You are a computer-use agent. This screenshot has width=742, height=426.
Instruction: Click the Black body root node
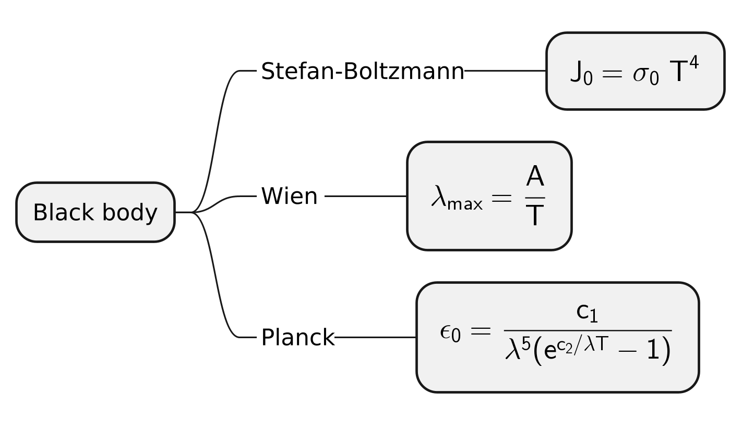(95, 212)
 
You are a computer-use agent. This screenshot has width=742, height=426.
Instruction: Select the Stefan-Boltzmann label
(362, 71)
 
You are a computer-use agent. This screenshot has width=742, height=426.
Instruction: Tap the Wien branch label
(289, 197)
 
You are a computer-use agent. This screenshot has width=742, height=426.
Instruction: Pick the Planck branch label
(297, 338)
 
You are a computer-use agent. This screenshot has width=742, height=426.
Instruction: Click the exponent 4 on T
(693, 63)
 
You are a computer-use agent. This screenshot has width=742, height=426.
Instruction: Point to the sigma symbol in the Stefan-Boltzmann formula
(641, 74)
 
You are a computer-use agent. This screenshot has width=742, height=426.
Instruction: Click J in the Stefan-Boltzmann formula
(576, 72)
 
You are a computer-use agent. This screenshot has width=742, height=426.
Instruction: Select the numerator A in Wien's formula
(535, 177)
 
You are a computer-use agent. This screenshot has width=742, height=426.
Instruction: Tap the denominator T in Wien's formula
(535, 215)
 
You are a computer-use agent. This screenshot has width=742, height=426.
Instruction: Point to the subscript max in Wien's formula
(465, 203)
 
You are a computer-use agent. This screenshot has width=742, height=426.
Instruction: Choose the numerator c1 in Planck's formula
(587, 313)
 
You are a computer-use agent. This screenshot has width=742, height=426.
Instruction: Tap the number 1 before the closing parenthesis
(653, 351)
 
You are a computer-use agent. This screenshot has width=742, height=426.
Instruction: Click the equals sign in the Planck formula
(480, 330)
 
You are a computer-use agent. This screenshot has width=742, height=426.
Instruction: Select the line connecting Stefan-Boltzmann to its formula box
(505, 71)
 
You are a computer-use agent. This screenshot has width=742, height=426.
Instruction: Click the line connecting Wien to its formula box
(365, 196)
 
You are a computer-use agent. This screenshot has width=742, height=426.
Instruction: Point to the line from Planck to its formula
(375, 337)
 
